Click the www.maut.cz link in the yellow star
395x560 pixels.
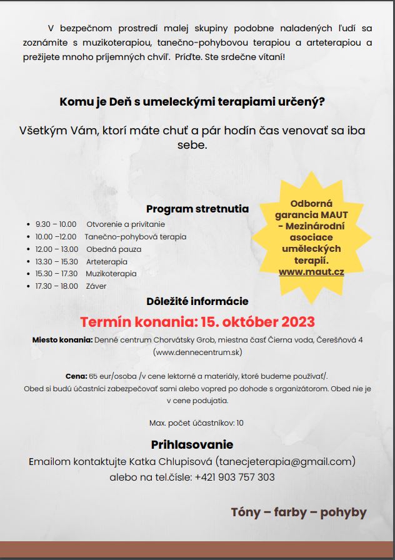(311, 272)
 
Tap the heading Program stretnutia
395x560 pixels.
(197, 209)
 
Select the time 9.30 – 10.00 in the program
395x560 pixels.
(56, 224)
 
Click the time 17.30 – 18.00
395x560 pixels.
(56, 286)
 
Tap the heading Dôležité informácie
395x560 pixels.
(197, 301)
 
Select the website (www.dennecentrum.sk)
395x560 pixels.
(197, 352)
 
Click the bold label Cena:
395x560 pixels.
(76, 376)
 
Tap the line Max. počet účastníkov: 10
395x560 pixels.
(197, 423)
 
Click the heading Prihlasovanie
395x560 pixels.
(192, 445)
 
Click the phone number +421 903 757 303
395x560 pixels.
(234, 477)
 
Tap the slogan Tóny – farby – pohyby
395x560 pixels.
(299, 512)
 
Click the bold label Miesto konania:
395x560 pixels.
(62, 340)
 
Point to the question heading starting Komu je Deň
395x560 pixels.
(192, 101)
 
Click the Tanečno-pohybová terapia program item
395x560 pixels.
(135, 237)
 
